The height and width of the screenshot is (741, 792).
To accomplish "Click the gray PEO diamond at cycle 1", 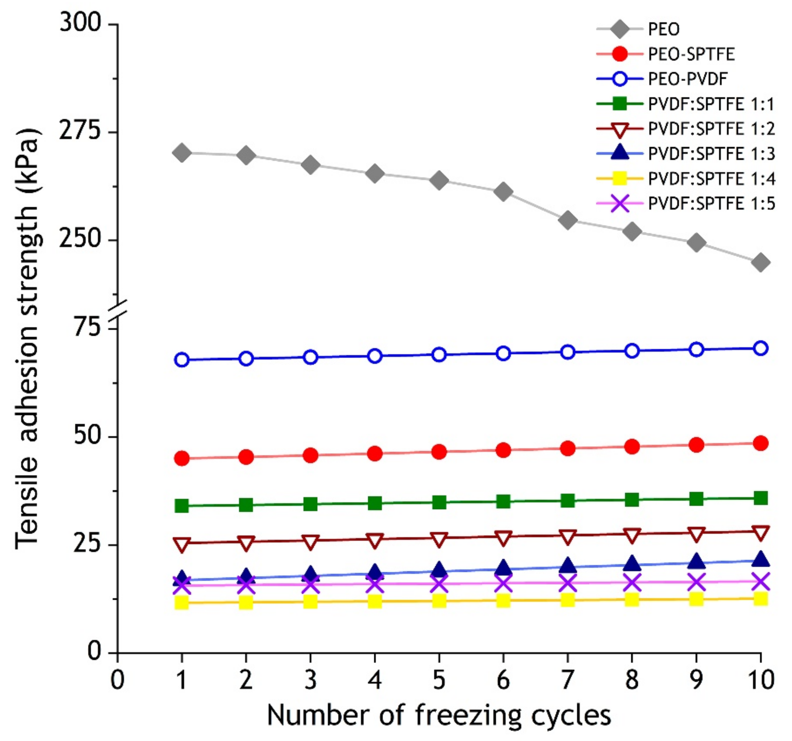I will [182, 153].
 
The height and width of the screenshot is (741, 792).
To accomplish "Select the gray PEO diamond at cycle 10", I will [761, 262].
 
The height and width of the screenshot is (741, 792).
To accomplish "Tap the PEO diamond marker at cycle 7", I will [568, 220].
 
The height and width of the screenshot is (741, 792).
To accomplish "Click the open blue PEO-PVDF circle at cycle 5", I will [439, 355].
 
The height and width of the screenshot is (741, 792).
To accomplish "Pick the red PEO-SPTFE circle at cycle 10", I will [761, 443].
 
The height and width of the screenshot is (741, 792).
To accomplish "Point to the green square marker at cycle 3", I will [310, 504].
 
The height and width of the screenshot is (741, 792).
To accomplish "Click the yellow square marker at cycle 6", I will [503, 600].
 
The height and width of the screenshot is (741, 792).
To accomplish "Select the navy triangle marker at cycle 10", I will [761, 559].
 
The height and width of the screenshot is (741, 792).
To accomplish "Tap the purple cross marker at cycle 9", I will [696, 582].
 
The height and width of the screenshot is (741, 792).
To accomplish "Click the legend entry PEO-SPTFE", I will [691, 54].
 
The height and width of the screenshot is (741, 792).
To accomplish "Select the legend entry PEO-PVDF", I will [688, 79].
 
